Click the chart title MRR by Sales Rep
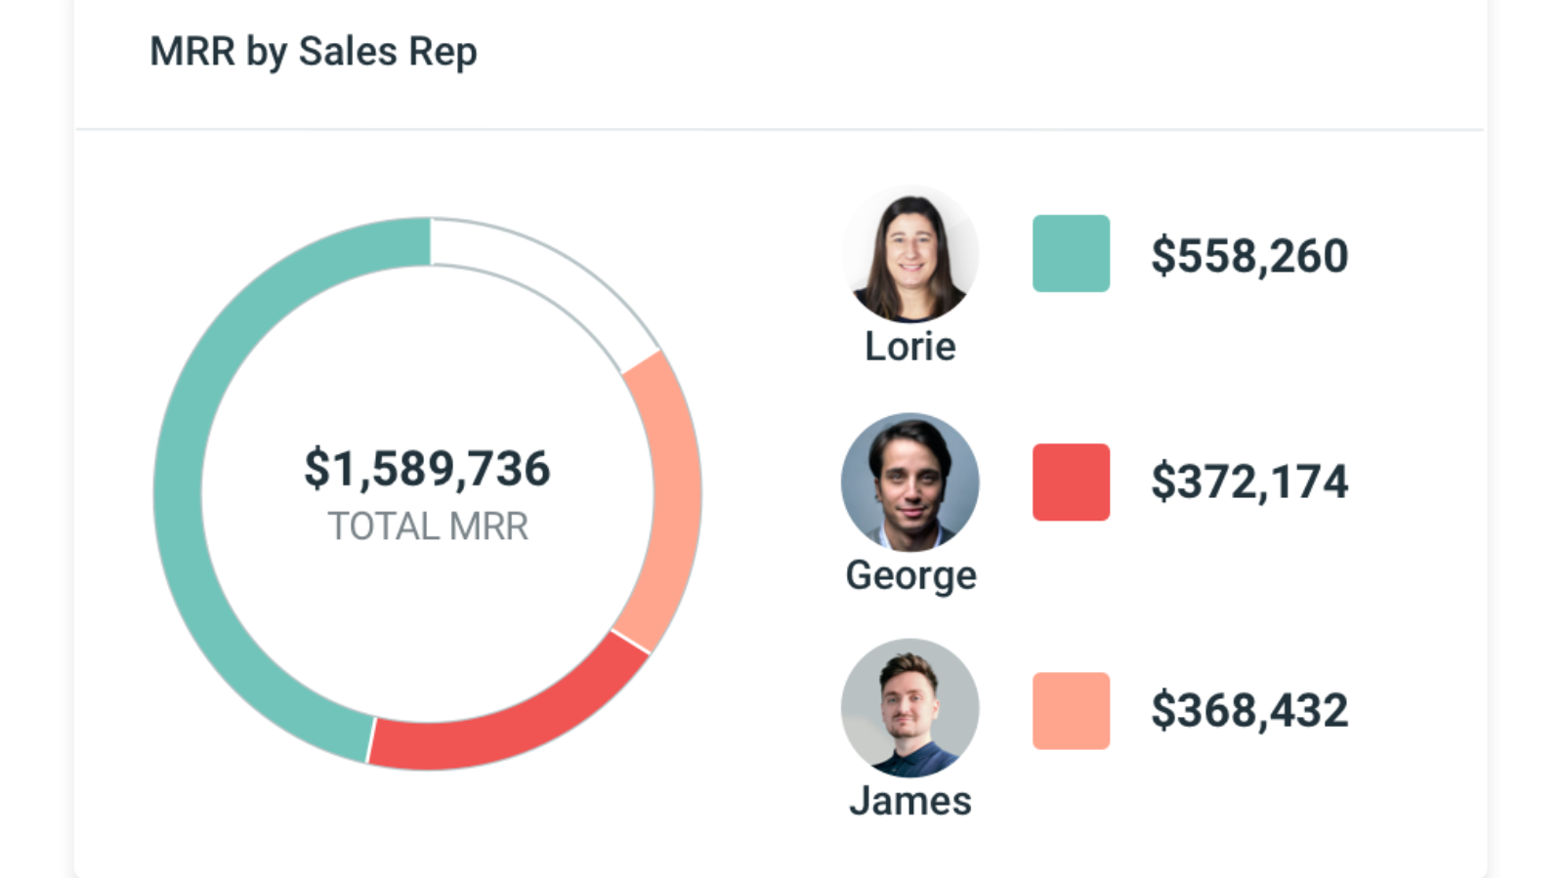point(313,52)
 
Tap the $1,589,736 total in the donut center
point(427,469)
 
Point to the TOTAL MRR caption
point(427,526)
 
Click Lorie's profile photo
point(909,256)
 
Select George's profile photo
point(909,482)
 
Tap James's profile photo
point(909,708)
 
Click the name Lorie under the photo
point(909,347)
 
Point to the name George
point(910,575)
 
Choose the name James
point(909,801)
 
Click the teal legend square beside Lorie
point(1071,254)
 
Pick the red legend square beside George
point(1071,482)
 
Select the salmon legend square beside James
point(1071,711)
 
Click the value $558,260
point(1249,256)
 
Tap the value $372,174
point(1249,482)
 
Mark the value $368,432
point(1249,710)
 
